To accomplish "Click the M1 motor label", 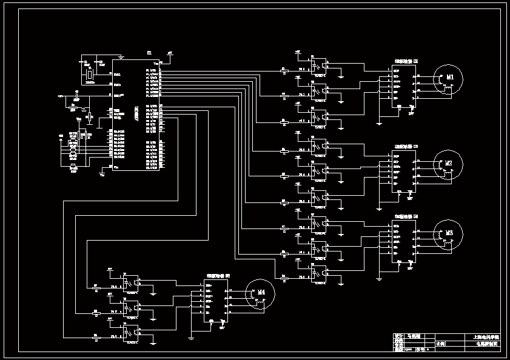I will tap(450, 78).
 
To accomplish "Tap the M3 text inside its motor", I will tap(450, 233).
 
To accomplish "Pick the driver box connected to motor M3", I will tap(403, 241).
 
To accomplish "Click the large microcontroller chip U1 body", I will tap(136, 115).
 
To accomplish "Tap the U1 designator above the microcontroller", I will tap(149, 54).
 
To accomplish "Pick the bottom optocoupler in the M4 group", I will tap(130, 333).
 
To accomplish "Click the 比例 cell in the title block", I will tap(441, 344).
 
